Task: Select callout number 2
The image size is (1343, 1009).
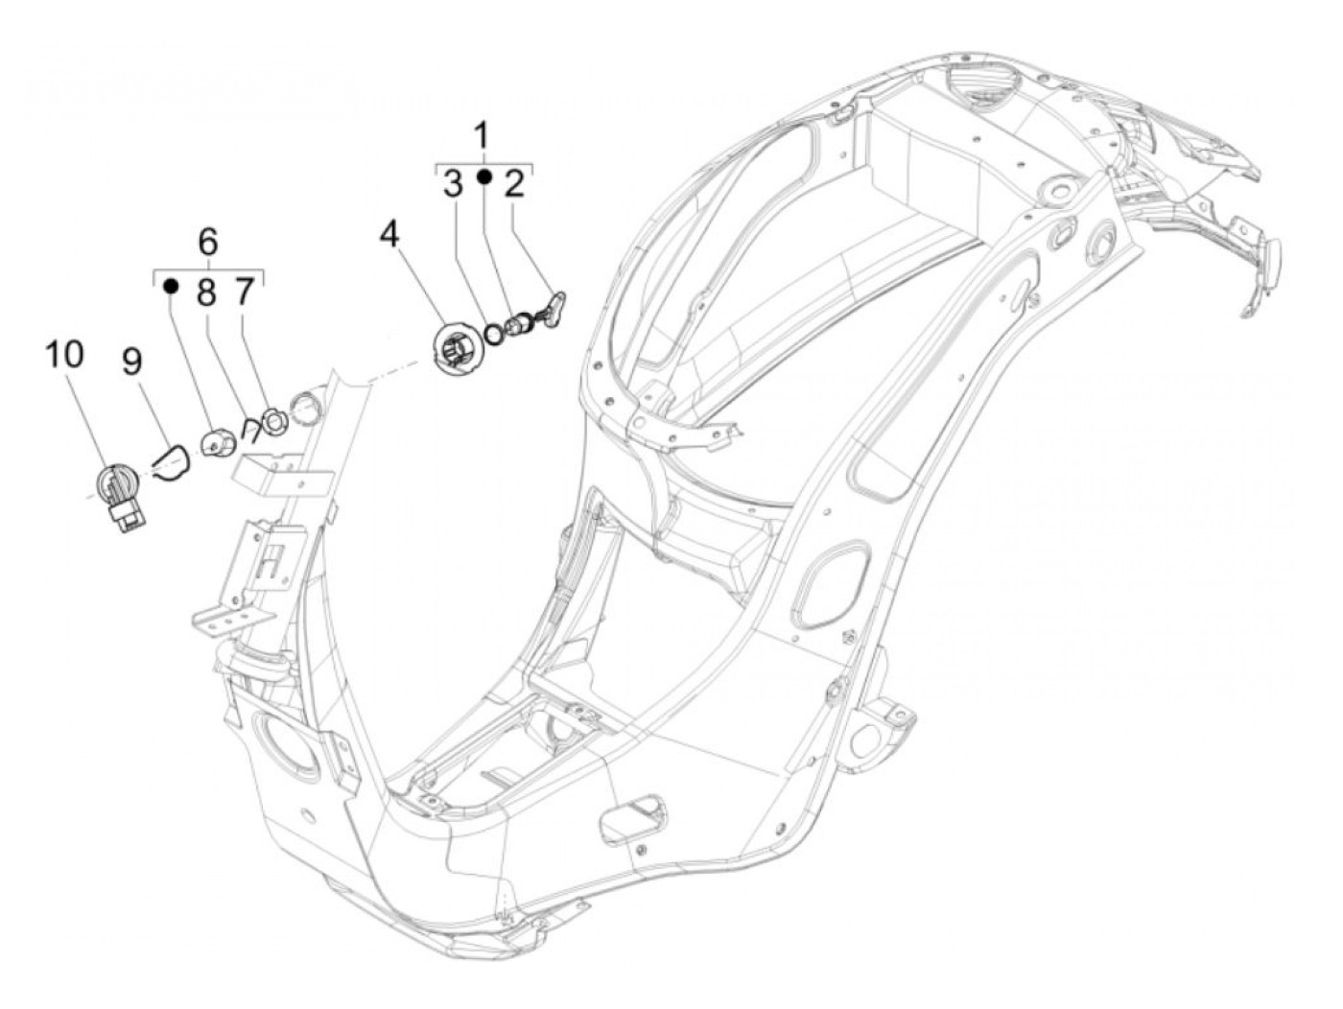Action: pyautogui.click(x=515, y=184)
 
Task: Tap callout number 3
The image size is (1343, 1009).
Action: pyautogui.click(x=453, y=184)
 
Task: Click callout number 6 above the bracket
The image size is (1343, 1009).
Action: pyautogui.click(x=208, y=241)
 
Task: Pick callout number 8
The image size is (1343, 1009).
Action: pyautogui.click(x=207, y=292)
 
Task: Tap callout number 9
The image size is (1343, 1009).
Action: pyautogui.click(x=131, y=362)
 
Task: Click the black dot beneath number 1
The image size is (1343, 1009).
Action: pyautogui.click(x=484, y=177)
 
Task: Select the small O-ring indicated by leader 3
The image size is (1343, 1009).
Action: pyautogui.click(x=494, y=333)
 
